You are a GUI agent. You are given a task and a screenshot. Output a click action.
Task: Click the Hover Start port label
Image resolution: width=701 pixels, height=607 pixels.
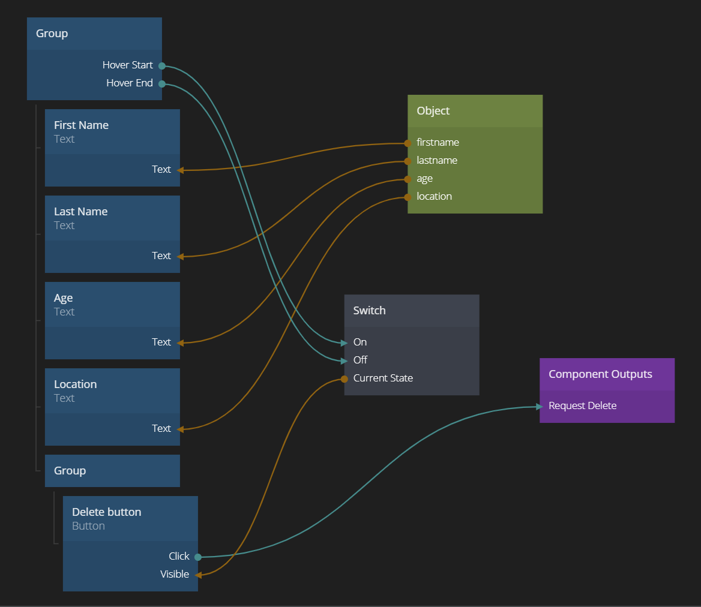tap(127, 65)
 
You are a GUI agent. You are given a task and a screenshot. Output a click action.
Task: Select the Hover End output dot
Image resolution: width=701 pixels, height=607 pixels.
tap(162, 84)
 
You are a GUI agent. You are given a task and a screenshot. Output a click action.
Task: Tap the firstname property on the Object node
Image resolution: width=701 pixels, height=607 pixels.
tap(438, 142)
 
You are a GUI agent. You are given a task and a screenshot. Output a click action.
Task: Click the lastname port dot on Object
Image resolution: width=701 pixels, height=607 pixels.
tap(408, 161)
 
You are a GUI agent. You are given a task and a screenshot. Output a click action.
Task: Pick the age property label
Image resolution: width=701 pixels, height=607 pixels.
tap(424, 178)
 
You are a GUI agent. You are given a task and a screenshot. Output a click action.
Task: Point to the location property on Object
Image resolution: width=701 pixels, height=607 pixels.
tap(434, 196)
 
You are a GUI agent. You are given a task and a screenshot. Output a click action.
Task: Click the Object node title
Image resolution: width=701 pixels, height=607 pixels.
tap(433, 111)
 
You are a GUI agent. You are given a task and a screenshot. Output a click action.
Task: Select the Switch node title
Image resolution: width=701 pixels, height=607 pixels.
tap(369, 311)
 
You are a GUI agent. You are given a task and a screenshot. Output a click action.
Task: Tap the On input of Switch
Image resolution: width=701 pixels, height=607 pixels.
tap(360, 342)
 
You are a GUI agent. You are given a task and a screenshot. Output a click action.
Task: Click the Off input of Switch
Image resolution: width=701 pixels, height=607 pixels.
tap(360, 360)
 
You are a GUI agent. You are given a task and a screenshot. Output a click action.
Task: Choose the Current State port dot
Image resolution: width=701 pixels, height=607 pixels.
tap(344, 378)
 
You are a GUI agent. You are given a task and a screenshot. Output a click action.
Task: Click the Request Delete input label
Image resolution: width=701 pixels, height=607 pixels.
tap(582, 405)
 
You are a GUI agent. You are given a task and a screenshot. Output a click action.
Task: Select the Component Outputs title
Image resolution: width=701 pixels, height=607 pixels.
tap(600, 374)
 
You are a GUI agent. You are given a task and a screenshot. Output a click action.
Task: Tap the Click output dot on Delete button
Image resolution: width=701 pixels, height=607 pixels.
tap(198, 557)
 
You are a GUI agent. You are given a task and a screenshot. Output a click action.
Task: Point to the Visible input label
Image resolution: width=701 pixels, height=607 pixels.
tap(175, 574)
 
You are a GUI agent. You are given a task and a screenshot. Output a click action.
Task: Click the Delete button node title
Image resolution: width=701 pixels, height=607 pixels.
tap(106, 512)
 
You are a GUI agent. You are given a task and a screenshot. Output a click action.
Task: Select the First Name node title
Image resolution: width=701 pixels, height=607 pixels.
tap(81, 125)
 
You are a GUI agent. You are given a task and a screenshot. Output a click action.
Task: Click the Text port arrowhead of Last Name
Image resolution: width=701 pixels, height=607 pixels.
tap(180, 256)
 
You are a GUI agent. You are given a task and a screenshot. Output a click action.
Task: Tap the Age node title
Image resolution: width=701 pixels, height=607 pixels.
tap(63, 298)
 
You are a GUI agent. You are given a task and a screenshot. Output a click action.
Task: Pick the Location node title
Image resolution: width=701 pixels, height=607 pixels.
tap(75, 384)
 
